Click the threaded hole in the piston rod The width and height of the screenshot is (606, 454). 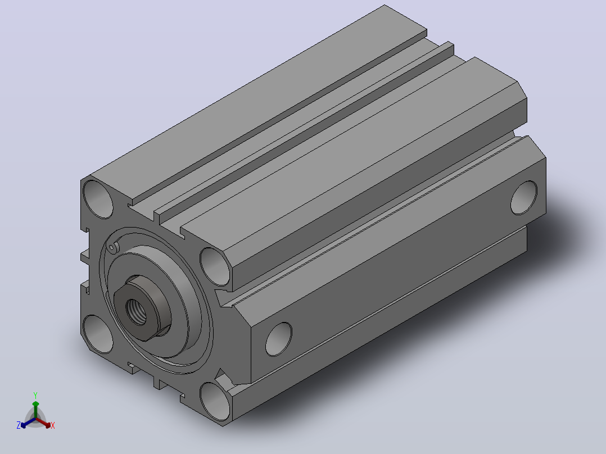[137, 312]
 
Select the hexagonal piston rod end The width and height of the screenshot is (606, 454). [142, 308]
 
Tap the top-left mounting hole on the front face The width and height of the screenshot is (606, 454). [98, 199]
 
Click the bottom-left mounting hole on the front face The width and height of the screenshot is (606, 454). [98, 334]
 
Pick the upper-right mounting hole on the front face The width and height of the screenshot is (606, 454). [215, 267]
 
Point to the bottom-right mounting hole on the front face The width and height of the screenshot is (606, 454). [215, 401]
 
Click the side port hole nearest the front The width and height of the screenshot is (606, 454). [279, 339]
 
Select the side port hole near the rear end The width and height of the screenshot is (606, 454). [524, 197]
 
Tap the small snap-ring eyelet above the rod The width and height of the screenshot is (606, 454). [112, 248]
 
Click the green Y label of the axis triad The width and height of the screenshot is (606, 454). [35, 395]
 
